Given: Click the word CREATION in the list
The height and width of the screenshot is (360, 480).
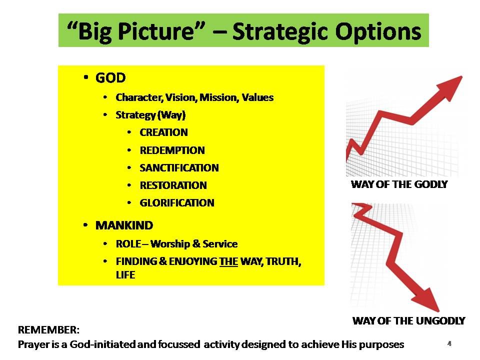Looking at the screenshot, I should pos(163,133).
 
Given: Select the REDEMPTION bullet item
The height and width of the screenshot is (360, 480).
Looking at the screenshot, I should pos(172,150).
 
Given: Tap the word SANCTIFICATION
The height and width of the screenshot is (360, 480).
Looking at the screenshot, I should pos(179,168).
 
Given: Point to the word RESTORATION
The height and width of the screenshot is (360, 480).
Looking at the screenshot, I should pos(173,185).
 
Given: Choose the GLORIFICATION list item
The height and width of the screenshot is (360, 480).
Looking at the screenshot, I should pos(177,203).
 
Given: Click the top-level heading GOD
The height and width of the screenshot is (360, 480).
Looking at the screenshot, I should pos(110,78).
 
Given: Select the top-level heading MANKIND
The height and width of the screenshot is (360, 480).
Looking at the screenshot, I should pos(124,225).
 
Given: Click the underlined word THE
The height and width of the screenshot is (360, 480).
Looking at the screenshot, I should pos(228,261).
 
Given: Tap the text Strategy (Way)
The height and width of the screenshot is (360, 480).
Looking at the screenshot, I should pos(150,115).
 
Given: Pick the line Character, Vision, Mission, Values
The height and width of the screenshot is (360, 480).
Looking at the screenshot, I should pos(194,97).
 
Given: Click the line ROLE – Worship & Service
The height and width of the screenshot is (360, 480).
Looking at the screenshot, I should pos(176,244).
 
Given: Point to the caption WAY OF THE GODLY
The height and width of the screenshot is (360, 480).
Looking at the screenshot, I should pos(399,184).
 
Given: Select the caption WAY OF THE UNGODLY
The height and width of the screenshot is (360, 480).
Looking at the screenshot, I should pos(408,321).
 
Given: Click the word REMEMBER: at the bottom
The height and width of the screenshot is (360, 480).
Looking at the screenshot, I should pos(48,330).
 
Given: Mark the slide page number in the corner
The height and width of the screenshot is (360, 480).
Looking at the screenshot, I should pos(449,344).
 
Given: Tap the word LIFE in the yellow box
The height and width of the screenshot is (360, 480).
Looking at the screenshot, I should pos(125,275).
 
